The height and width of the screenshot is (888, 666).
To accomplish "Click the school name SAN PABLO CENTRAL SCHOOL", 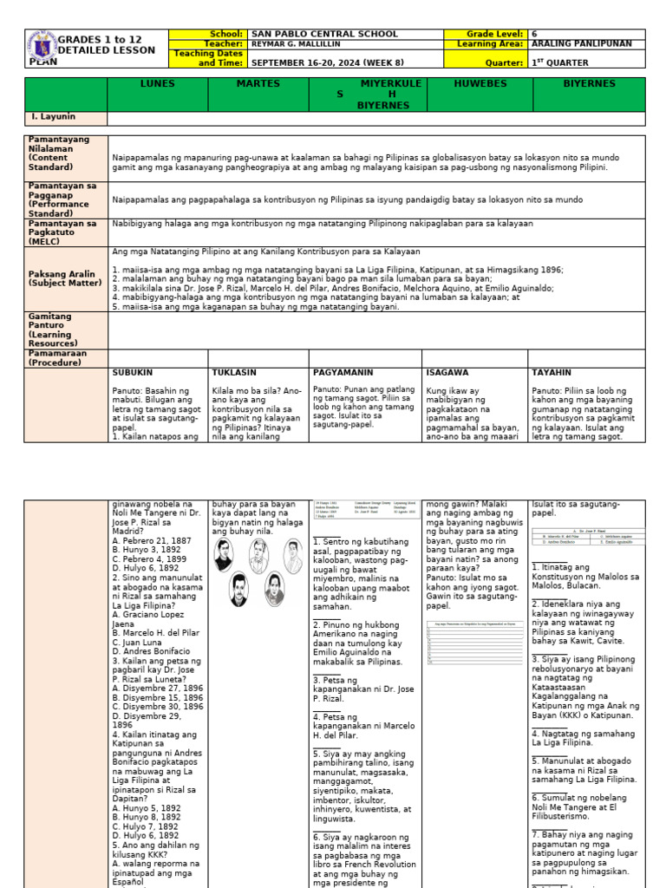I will pyautogui.click(x=324, y=34).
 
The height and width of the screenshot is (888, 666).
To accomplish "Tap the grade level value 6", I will pyautogui.click(x=535, y=34).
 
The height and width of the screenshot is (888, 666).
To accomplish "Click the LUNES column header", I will pyautogui.click(x=157, y=84).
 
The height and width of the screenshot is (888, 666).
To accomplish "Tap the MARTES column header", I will pyautogui.click(x=258, y=84).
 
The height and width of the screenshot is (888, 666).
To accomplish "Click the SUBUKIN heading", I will pyautogui.click(x=133, y=372).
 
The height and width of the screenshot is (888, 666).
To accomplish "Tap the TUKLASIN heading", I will pyautogui.click(x=235, y=372).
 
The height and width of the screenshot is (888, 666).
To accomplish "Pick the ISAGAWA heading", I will pyautogui.click(x=447, y=372).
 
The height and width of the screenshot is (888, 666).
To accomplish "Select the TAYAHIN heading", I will pyautogui.click(x=552, y=372).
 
